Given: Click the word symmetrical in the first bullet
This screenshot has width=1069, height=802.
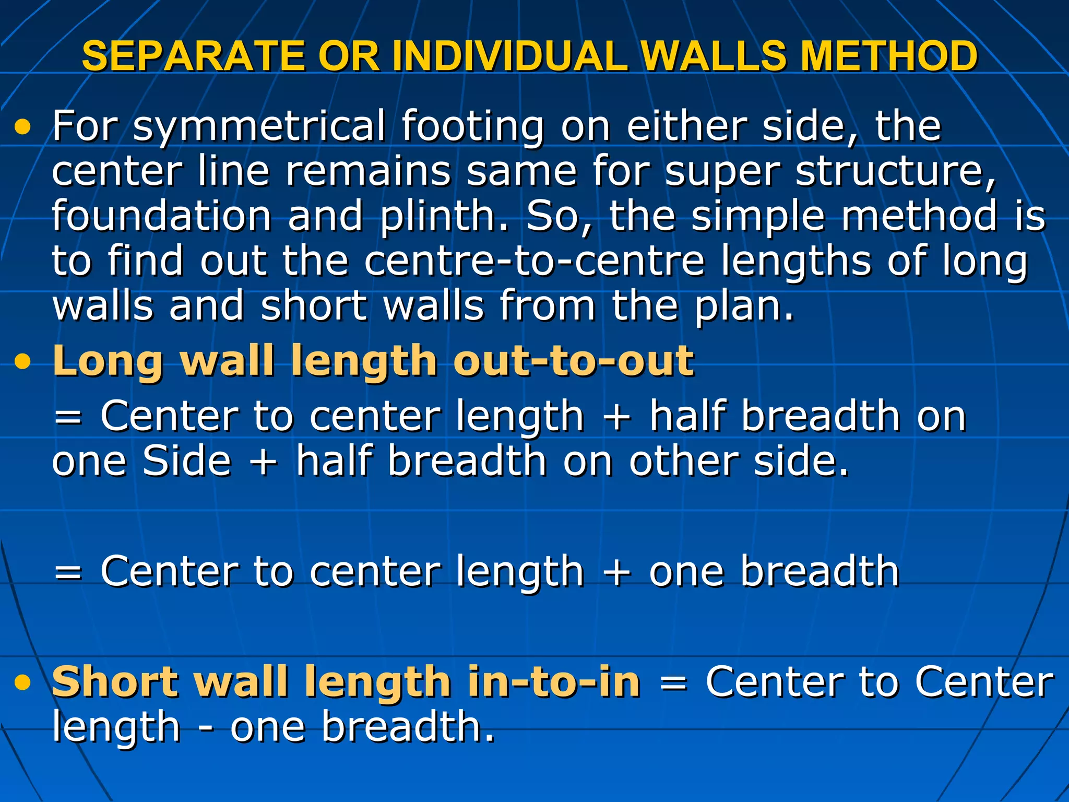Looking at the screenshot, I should click(x=259, y=126).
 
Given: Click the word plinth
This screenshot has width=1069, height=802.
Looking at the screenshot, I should click(x=444, y=216).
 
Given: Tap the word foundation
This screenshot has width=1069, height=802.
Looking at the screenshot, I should click(x=162, y=216).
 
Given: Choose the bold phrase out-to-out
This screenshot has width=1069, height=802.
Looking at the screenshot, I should click(x=574, y=361).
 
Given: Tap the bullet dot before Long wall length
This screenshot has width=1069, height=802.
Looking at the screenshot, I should click(x=22, y=362).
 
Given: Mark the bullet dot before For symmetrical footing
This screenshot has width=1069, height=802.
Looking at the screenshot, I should click(x=22, y=127).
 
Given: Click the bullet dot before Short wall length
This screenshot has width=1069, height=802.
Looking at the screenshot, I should click(x=22, y=682).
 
